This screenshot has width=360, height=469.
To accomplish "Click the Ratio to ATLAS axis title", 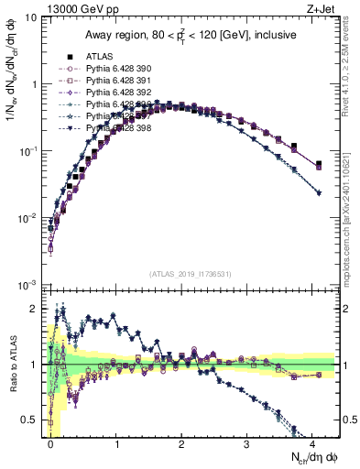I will pos(11,363).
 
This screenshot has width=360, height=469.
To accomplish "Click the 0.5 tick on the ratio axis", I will pos(33,420).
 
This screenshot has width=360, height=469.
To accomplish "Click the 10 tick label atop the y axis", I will pos(31,16).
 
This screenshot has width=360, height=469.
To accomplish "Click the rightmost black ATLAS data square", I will pos(318,165).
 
